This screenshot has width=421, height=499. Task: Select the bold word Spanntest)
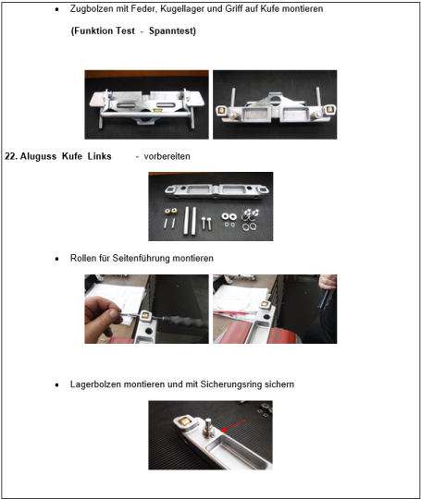172,30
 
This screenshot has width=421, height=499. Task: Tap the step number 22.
11,156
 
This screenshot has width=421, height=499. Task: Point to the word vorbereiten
167,156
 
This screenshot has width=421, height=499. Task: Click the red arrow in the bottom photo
233,426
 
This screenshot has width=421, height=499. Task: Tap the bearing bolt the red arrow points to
209,427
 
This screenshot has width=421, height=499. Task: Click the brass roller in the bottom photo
184,421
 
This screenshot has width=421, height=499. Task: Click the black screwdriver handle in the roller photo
186,322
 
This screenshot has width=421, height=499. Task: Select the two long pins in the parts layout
190,221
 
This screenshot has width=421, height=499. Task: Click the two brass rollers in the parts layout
171,211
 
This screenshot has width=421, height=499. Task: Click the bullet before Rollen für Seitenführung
57,259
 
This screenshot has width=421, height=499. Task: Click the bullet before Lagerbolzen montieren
57,384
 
